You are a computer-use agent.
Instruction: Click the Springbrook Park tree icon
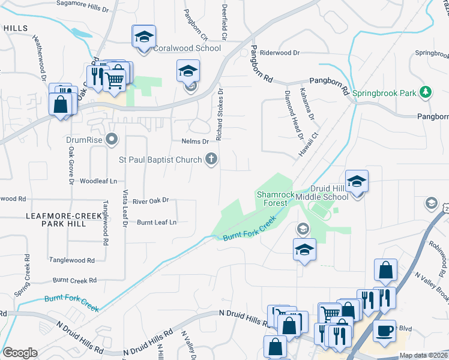tap(426, 92)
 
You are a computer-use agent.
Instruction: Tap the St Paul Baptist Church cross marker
tap(211, 158)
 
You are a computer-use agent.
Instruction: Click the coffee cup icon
tap(384, 330)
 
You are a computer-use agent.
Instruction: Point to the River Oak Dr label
tap(151, 200)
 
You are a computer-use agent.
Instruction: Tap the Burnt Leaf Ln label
tap(157, 222)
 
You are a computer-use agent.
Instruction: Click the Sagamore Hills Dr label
tap(82, 4)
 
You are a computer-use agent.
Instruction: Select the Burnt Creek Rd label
tap(74, 280)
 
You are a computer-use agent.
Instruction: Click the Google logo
tap(20, 353)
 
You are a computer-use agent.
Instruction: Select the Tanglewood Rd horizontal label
tap(72, 260)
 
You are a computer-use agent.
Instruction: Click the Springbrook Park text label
tap(384, 93)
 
